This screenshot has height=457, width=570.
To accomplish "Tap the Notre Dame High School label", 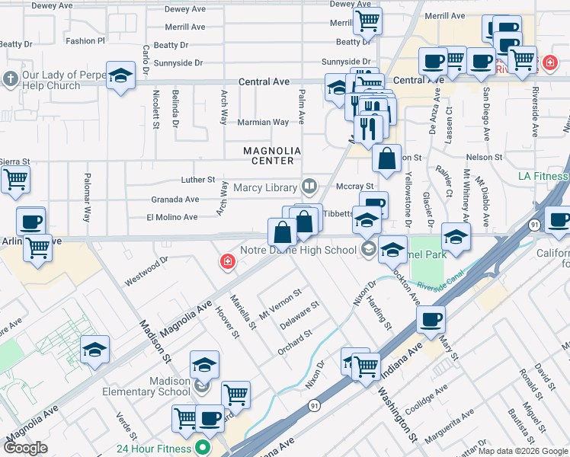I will click(298, 250).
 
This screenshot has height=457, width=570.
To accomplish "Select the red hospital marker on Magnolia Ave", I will click(227, 263).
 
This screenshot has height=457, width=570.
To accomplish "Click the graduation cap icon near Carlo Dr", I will click(120, 75).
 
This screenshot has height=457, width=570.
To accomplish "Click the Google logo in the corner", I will click(25, 448).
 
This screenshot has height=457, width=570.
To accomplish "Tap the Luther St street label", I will click(198, 180).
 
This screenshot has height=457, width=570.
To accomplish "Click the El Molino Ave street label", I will click(171, 217).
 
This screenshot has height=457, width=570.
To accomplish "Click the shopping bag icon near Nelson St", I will click(386, 158).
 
